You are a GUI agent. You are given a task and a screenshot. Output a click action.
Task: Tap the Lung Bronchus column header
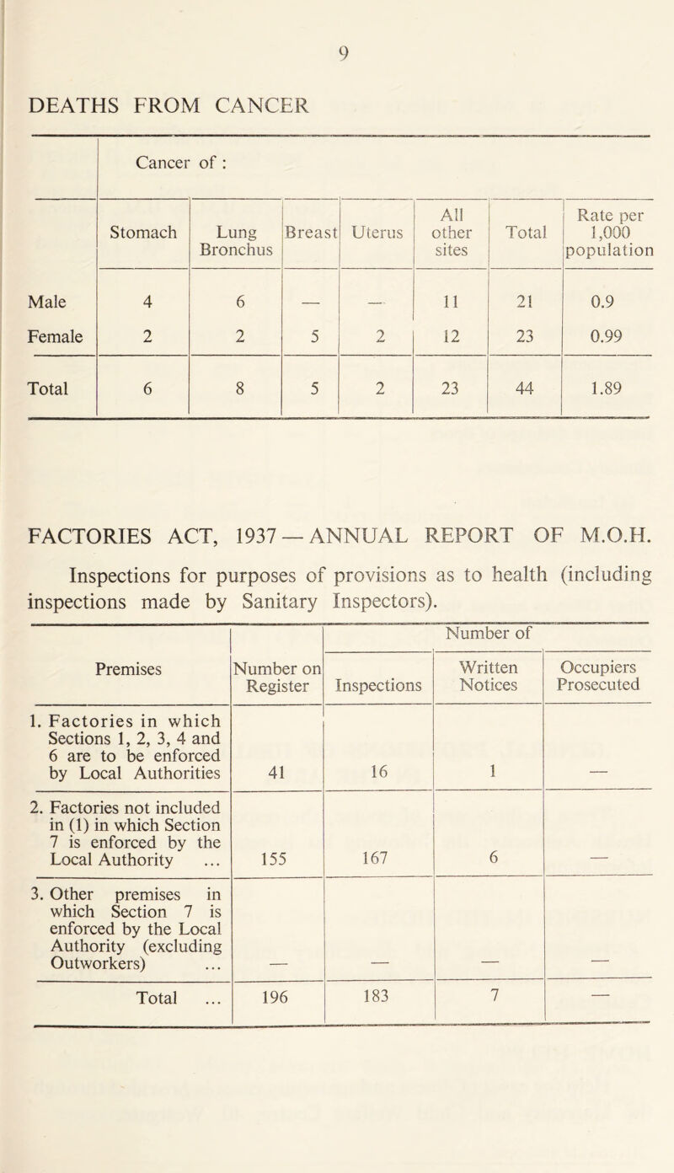click(234, 240)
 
